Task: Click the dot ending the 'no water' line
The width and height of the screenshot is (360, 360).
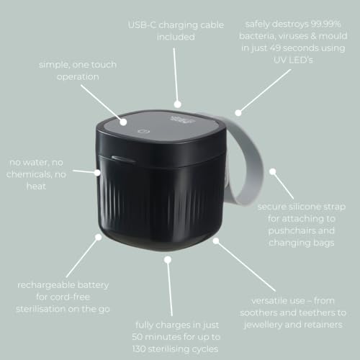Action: pyautogui.click(x=98, y=171)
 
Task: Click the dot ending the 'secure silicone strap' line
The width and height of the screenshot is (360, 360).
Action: pyautogui.click(x=274, y=173)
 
